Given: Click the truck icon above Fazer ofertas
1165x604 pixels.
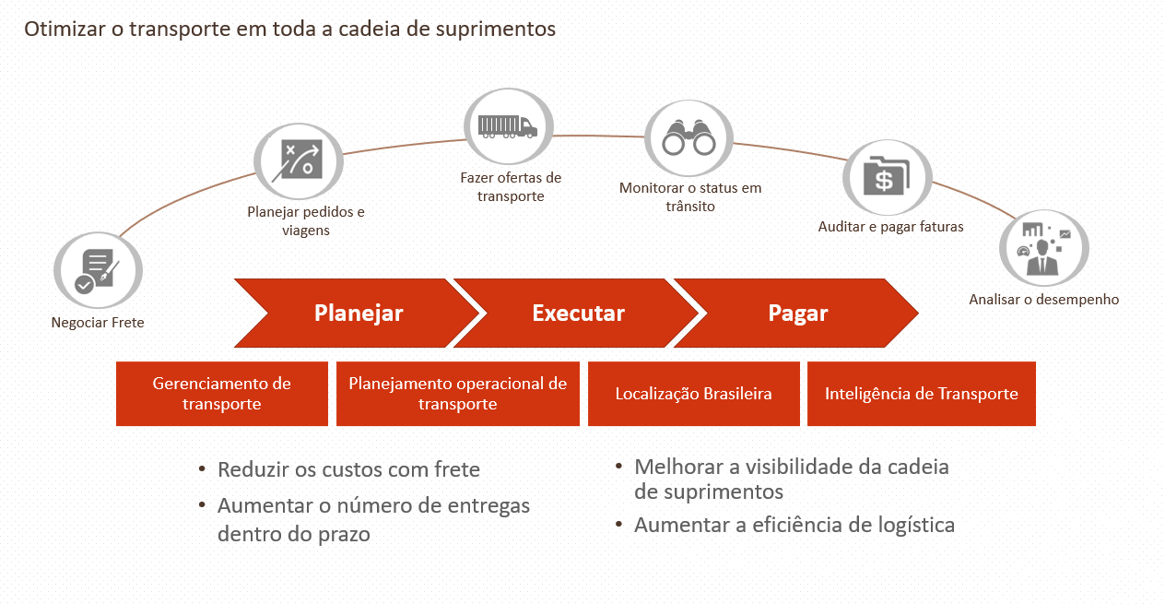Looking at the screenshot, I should (507, 126).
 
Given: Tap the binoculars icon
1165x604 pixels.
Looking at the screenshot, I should (688, 139).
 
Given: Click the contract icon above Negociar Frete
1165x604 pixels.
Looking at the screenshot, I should (97, 270).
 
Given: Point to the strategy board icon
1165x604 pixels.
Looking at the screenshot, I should (300, 160).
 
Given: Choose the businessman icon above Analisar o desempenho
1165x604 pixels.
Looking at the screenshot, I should (1043, 249).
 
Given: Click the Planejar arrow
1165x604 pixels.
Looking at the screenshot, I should (359, 314).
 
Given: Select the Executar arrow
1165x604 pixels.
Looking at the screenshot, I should (578, 314).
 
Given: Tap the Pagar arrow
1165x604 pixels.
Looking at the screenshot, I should (798, 314).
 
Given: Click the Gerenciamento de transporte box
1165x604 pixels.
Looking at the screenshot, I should (222, 394).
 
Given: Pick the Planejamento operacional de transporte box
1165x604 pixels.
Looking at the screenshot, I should (458, 394).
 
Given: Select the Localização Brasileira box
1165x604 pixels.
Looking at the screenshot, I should (693, 394).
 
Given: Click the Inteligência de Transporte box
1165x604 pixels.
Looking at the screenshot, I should (922, 394).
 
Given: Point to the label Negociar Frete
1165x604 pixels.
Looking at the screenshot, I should (98, 323).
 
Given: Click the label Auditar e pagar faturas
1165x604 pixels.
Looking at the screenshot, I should (890, 226).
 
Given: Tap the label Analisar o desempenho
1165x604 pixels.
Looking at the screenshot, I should (1043, 299).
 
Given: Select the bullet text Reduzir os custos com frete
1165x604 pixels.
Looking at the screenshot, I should (348, 469).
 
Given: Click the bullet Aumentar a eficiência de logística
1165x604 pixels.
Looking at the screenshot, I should (794, 526).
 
